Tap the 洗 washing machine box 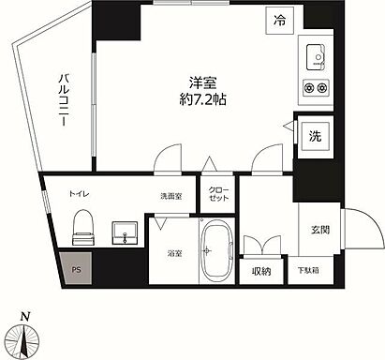tap(315, 136)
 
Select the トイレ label tap(78, 195)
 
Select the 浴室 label tap(175, 252)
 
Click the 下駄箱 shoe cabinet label tap(307, 271)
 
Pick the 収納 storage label tap(260, 271)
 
